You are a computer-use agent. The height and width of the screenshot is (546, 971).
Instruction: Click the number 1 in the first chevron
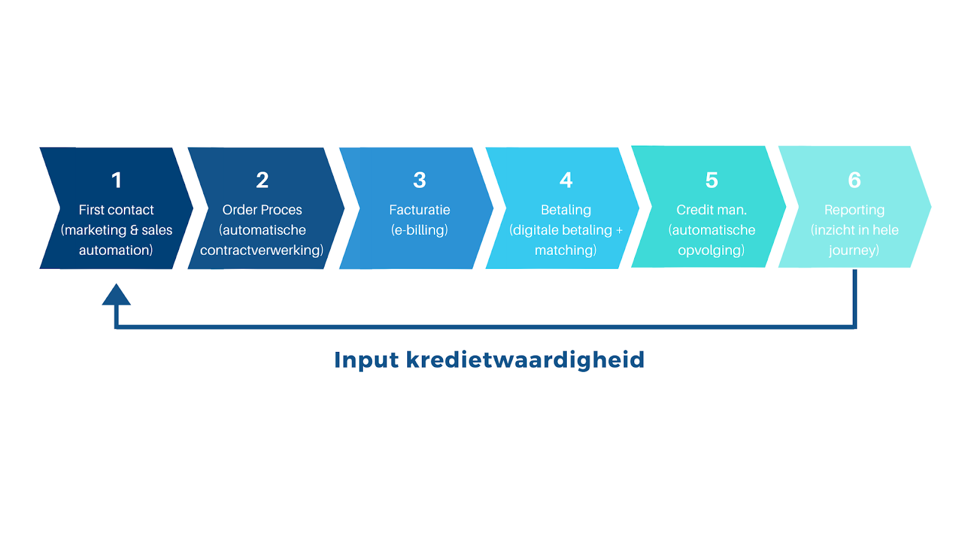click(x=117, y=180)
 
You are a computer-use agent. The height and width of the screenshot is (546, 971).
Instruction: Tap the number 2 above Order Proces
click(x=262, y=180)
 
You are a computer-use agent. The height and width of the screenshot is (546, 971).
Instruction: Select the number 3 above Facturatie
click(x=419, y=180)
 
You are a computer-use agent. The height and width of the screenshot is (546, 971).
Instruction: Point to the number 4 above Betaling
click(x=566, y=180)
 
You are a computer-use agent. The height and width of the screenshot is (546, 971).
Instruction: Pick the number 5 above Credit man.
click(x=712, y=180)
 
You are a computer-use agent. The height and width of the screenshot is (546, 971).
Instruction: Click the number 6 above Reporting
click(x=854, y=180)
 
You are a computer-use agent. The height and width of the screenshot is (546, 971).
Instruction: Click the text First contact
click(x=116, y=210)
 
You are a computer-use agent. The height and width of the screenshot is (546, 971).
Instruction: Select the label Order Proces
click(x=262, y=210)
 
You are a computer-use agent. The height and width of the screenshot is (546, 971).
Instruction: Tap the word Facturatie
click(x=419, y=210)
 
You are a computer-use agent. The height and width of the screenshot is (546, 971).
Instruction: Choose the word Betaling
click(x=566, y=211)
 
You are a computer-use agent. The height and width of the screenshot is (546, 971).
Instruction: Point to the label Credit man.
click(x=712, y=210)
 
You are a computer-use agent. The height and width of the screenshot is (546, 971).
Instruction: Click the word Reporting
click(x=854, y=211)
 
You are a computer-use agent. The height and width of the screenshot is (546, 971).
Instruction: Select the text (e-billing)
click(x=419, y=230)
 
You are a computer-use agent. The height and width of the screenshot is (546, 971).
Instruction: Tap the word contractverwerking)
click(x=262, y=251)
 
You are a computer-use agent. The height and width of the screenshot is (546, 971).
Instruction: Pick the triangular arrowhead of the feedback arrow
click(x=116, y=295)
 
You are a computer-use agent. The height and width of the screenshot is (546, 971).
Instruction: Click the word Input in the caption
click(x=367, y=360)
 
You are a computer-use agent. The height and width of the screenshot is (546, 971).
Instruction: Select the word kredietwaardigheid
click(x=526, y=360)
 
